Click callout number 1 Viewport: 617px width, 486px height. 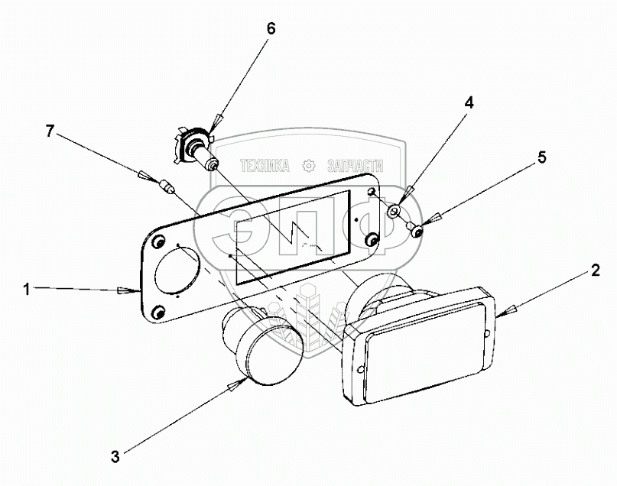26,289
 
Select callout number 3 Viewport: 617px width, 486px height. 115,458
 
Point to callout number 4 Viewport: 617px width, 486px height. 469,103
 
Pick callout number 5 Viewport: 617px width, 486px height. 541,158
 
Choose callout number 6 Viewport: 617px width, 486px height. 270,29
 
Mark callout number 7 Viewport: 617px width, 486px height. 50,131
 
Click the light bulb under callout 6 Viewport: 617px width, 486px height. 196,150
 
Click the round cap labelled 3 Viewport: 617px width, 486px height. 264,348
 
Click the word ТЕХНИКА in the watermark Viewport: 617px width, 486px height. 265,165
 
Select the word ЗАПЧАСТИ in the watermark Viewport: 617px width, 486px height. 355,165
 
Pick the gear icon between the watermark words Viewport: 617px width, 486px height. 309,165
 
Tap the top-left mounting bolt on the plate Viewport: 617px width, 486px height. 158,242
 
